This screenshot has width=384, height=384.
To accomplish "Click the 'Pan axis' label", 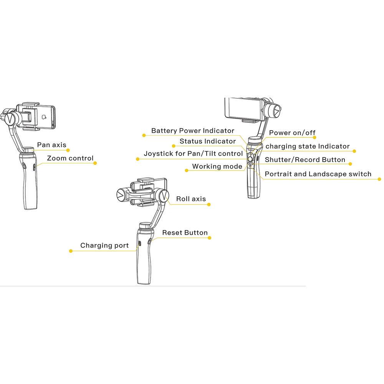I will point(51,145).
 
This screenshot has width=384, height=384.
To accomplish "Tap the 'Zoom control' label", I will point(70,158).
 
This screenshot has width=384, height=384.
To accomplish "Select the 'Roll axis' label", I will point(191,199).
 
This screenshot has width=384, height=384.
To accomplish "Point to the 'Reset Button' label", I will point(185,233).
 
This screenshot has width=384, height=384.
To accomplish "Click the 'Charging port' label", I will point(104,245).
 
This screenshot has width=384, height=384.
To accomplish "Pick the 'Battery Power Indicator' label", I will point(192,131).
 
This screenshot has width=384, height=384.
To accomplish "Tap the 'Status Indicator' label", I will point(208,141).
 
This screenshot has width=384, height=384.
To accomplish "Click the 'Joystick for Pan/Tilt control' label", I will point(193,154).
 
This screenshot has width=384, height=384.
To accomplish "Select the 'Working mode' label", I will point(217,166).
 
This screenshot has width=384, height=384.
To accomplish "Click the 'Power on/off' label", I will point(292,133).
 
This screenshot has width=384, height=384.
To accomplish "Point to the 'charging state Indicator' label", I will point(308,146).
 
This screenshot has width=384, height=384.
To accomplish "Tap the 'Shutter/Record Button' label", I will point(305,160).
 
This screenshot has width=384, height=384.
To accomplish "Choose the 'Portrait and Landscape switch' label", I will point(318,174).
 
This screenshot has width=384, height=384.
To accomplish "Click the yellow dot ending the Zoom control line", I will point(95,163).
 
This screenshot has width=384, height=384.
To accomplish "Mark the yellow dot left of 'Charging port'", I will point(71,251).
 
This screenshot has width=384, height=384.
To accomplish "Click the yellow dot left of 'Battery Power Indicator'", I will point(144,135).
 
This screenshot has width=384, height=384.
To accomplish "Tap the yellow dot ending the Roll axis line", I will point(209,205).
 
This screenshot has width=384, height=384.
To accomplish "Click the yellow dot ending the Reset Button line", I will point(210,238).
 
